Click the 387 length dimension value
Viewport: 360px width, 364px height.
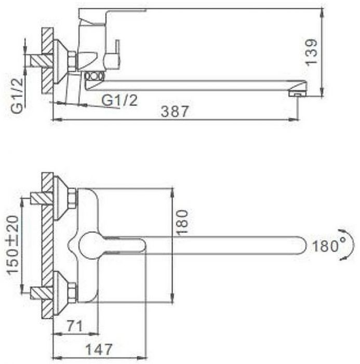coord(175,111)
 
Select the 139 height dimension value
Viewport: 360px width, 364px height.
coord(311,52)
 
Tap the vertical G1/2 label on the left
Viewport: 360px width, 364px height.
coord(18,95)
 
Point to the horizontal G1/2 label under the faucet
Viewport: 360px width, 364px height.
coord(119,100)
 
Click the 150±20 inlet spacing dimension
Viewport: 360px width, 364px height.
coord(13,245)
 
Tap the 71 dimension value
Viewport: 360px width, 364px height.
coord(75,326)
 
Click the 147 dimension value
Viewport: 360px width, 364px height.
coord(99,349)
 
